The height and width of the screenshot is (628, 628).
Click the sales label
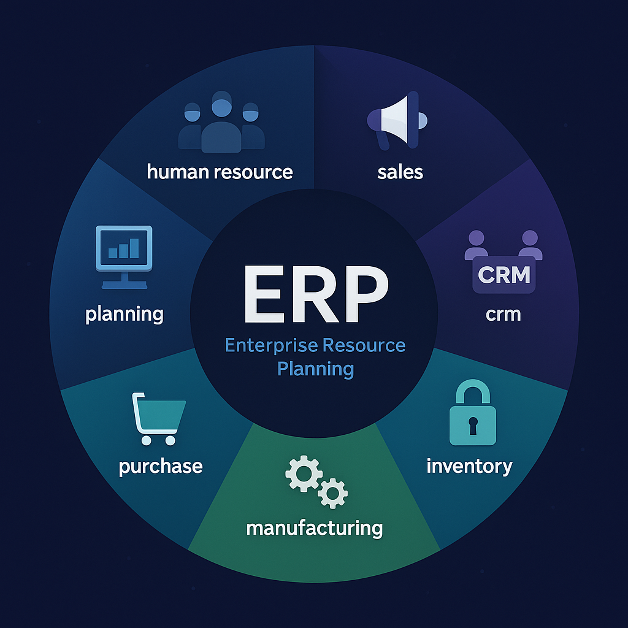(x=400, y=171)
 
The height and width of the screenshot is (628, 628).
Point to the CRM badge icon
(x=504, y=275)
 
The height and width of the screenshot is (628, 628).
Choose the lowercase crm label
(x=503, y=314)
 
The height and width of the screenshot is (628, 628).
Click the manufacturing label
(x=314, y=527)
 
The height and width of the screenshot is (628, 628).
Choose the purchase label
(x=161, y=466)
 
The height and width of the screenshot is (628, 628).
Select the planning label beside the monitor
(x=124, y=315)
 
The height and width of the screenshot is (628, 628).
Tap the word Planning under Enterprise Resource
(x=315, y=369)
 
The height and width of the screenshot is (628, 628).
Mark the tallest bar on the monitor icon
(x=134, y=247)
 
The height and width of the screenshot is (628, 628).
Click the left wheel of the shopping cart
(x=146, y=440)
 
